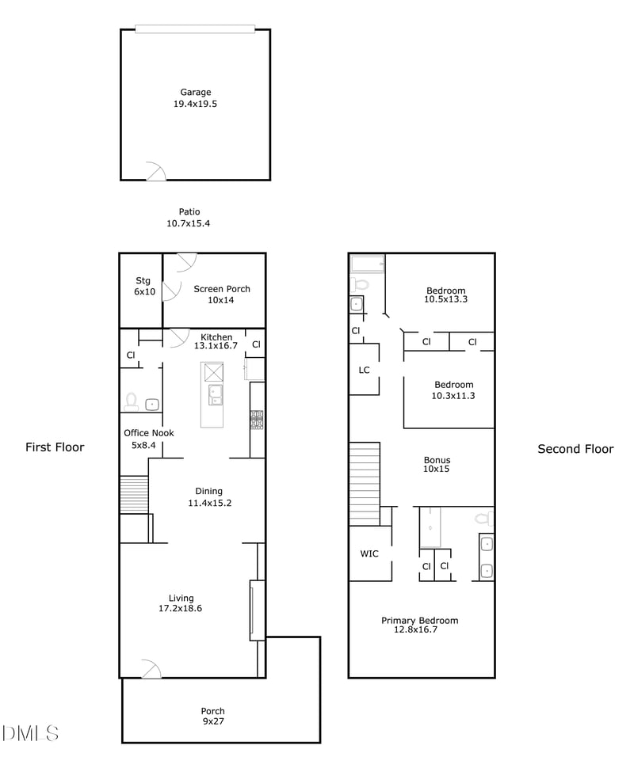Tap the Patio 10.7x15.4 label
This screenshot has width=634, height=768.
[189, 218]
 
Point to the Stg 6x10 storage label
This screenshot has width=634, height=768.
[144, 286]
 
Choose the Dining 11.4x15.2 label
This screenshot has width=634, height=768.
[209, 496]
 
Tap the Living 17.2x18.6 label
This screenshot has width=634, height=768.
[181, 603]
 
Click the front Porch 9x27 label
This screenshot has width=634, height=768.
[213, 716]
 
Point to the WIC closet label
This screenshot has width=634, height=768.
[369, 553]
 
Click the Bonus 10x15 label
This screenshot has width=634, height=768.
[437, 464]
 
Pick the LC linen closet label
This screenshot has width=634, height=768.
[364, 370]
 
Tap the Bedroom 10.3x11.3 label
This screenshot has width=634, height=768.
[453, 390]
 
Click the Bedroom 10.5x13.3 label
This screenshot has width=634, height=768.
[445, 295]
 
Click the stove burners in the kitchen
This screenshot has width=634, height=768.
[257, 420]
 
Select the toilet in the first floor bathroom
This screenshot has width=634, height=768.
[131, 401]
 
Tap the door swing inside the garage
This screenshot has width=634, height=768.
[158, 169]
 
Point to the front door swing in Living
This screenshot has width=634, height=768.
[153, 667]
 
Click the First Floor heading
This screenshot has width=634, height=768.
[55, 447]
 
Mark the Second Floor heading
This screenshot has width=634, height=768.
[575, 449]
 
